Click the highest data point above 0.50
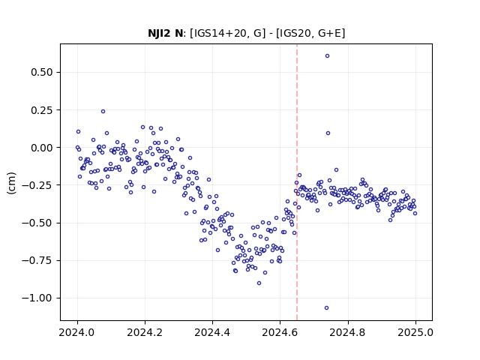[327, 56]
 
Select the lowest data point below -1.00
[327, 308]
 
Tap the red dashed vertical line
[297, 182]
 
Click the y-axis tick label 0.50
[42, 72]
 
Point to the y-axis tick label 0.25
[42, 110]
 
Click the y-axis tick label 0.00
[42, 148]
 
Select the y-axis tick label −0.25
[37, 185]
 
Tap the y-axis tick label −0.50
[37, 223]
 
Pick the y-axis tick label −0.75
[37, 260]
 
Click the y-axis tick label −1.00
[37, 298]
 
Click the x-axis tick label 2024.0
[77, 332]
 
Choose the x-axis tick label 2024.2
[145, 332]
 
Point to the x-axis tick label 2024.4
[212, 332]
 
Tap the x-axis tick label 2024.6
[280, 332]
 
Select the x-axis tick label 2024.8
[348, 332]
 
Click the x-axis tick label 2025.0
[415, 332]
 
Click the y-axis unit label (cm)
[11, 183]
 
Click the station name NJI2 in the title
[159, 33]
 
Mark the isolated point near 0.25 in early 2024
[103, 112]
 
